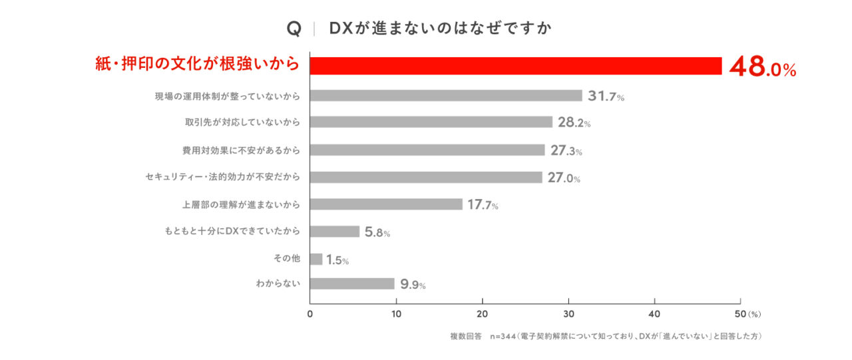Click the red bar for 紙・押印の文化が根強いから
[516, 66]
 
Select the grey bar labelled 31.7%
[446, 95]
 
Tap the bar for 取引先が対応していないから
[431, 122]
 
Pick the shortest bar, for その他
[316, 259]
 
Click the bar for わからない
[352, 283]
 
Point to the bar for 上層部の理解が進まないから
[386, 204]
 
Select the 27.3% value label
[566, 150]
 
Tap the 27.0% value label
[564, 178]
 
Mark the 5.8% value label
[377, 232]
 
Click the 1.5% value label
[337, 260]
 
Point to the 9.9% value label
[413, 285]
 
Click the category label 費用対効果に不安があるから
[241, 150]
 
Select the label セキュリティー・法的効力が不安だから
[222, 177]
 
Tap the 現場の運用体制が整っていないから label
[227, 96]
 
